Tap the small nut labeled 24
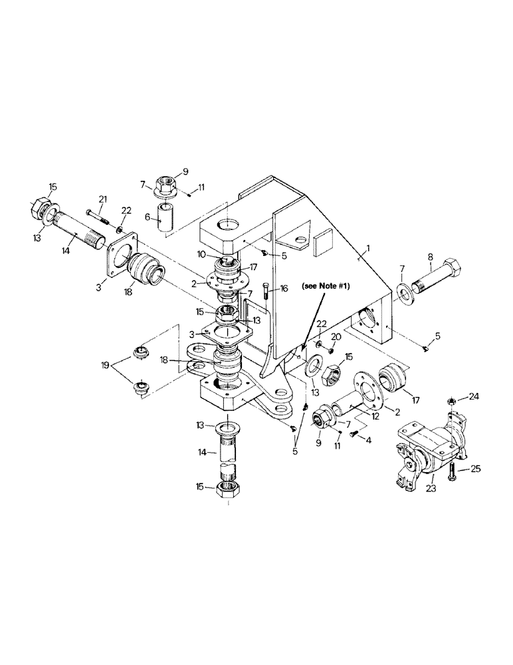pyautogui.click(x=450, y=401)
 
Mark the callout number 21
pyautogui.click(x=102, y=199)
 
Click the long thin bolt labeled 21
pyautogui.click(x=97, y=213)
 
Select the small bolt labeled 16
pyautogui.click(x=266, y=291)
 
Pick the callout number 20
pyautogui.click(x=336, y=337)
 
